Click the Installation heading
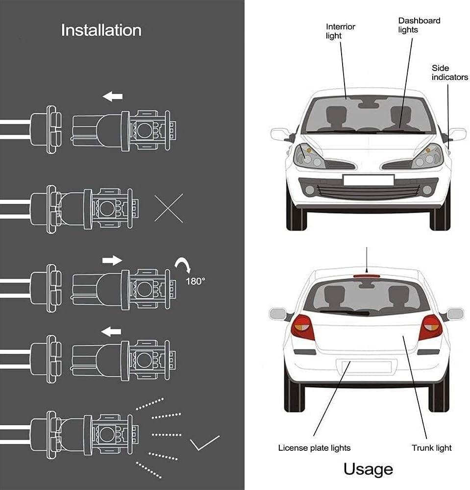click(101, 30)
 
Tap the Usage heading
click(368, 468)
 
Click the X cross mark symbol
click(169, 208)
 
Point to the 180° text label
click(196, 281)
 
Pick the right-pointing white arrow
click(112, 260)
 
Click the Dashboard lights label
click(412, 25)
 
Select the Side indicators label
click(449, 73)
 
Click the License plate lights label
click(314, 447)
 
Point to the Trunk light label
click(431, 447)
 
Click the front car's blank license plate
click(369, 180)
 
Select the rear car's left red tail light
click(302, 327)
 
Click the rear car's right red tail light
click(430, 327)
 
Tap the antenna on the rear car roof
click(367, 260)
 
